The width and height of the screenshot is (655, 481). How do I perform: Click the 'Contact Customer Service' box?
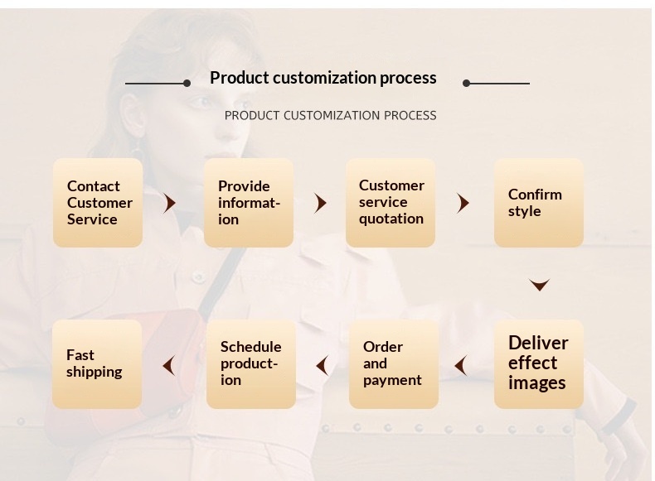click(98, 203)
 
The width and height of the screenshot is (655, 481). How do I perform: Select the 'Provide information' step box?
click(249, 203)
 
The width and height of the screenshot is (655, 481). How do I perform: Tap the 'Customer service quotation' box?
click(391, 203)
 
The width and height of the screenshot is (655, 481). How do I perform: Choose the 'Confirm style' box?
click(539, 203)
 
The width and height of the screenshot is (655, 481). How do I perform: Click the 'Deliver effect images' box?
click(539, 363)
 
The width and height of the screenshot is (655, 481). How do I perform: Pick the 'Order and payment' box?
click(393, 363)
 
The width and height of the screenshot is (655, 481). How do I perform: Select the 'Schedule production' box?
click(250, 363)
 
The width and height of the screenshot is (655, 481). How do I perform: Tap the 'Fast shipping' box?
click(97, 363)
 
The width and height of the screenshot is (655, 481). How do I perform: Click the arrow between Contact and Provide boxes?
click(170, 203)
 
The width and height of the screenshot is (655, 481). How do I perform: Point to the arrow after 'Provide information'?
click(321, 203)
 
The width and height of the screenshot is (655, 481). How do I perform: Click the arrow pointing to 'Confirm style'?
click(463, 203)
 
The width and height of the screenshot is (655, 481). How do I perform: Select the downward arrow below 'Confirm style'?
click(540, 286)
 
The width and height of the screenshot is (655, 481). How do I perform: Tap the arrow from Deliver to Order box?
click(460, 365)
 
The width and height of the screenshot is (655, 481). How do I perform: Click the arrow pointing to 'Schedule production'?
click(322, 365)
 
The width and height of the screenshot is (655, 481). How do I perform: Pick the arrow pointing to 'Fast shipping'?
click(169, 365)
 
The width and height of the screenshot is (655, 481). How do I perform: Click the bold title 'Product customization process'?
click(323, 78)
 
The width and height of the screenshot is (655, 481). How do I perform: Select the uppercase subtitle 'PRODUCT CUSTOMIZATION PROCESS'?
click(330, 116)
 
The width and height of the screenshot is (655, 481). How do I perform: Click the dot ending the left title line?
click(187, 83)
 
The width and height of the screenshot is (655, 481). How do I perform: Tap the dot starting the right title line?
click(466, 83)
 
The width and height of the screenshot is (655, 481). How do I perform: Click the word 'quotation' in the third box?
click(391, 219)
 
